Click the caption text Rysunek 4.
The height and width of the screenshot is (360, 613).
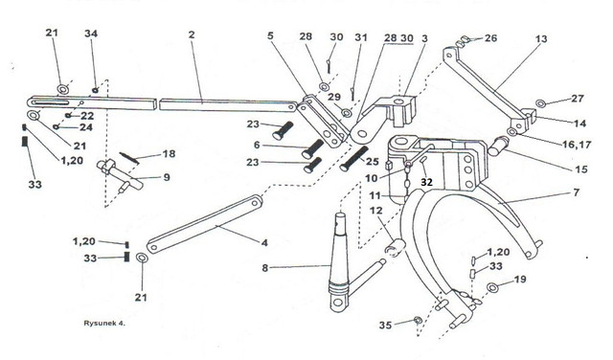pyautogui.click(x=104, y=324)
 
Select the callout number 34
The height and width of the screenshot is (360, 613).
pyautogui.click(x=91, y=34)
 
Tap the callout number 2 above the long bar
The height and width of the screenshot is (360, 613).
pyautogui.click(x=192, y=34)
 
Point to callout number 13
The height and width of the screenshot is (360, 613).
pyautogui.click(x=541, y=39)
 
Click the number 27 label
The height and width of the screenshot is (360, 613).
pyautogui.click(x=577, y=99)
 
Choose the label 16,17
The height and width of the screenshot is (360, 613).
pyautogui.click(x=577, y=145)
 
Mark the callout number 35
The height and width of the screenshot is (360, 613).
pyautogui.click(x=385, y=326)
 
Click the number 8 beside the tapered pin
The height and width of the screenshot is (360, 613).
pyautogui.click(x=265, y=268)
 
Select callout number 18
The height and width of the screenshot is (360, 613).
pyautogui.click(x=169, y=153)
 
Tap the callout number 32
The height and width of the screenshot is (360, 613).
pyautogui.click(x=427, y=182)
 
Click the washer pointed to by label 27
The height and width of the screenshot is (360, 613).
pyautogui.click(x=540, y=103)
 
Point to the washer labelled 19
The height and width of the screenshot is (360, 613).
pyautogui.click(x=493, y=287)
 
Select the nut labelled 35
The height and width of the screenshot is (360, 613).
pyautogui.click(x=418, y=321)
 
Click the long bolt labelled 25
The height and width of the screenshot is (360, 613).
pyautogui.click(x=354, y=158)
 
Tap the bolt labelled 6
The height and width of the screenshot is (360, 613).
pyautogui.click(x=313, y=149)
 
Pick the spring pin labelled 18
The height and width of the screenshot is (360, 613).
pyautogui.click(x=129, y=158)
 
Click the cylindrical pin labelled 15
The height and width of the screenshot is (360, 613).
pyautogui.click(x=498, y=146)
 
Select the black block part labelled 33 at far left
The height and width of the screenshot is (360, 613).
pyautogui.click(x=25, y=141)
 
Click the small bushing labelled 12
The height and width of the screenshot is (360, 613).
pyautogui.click(x=395, y=247)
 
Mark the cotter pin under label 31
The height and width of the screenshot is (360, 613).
pyautogui.click(x=353, y=94)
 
